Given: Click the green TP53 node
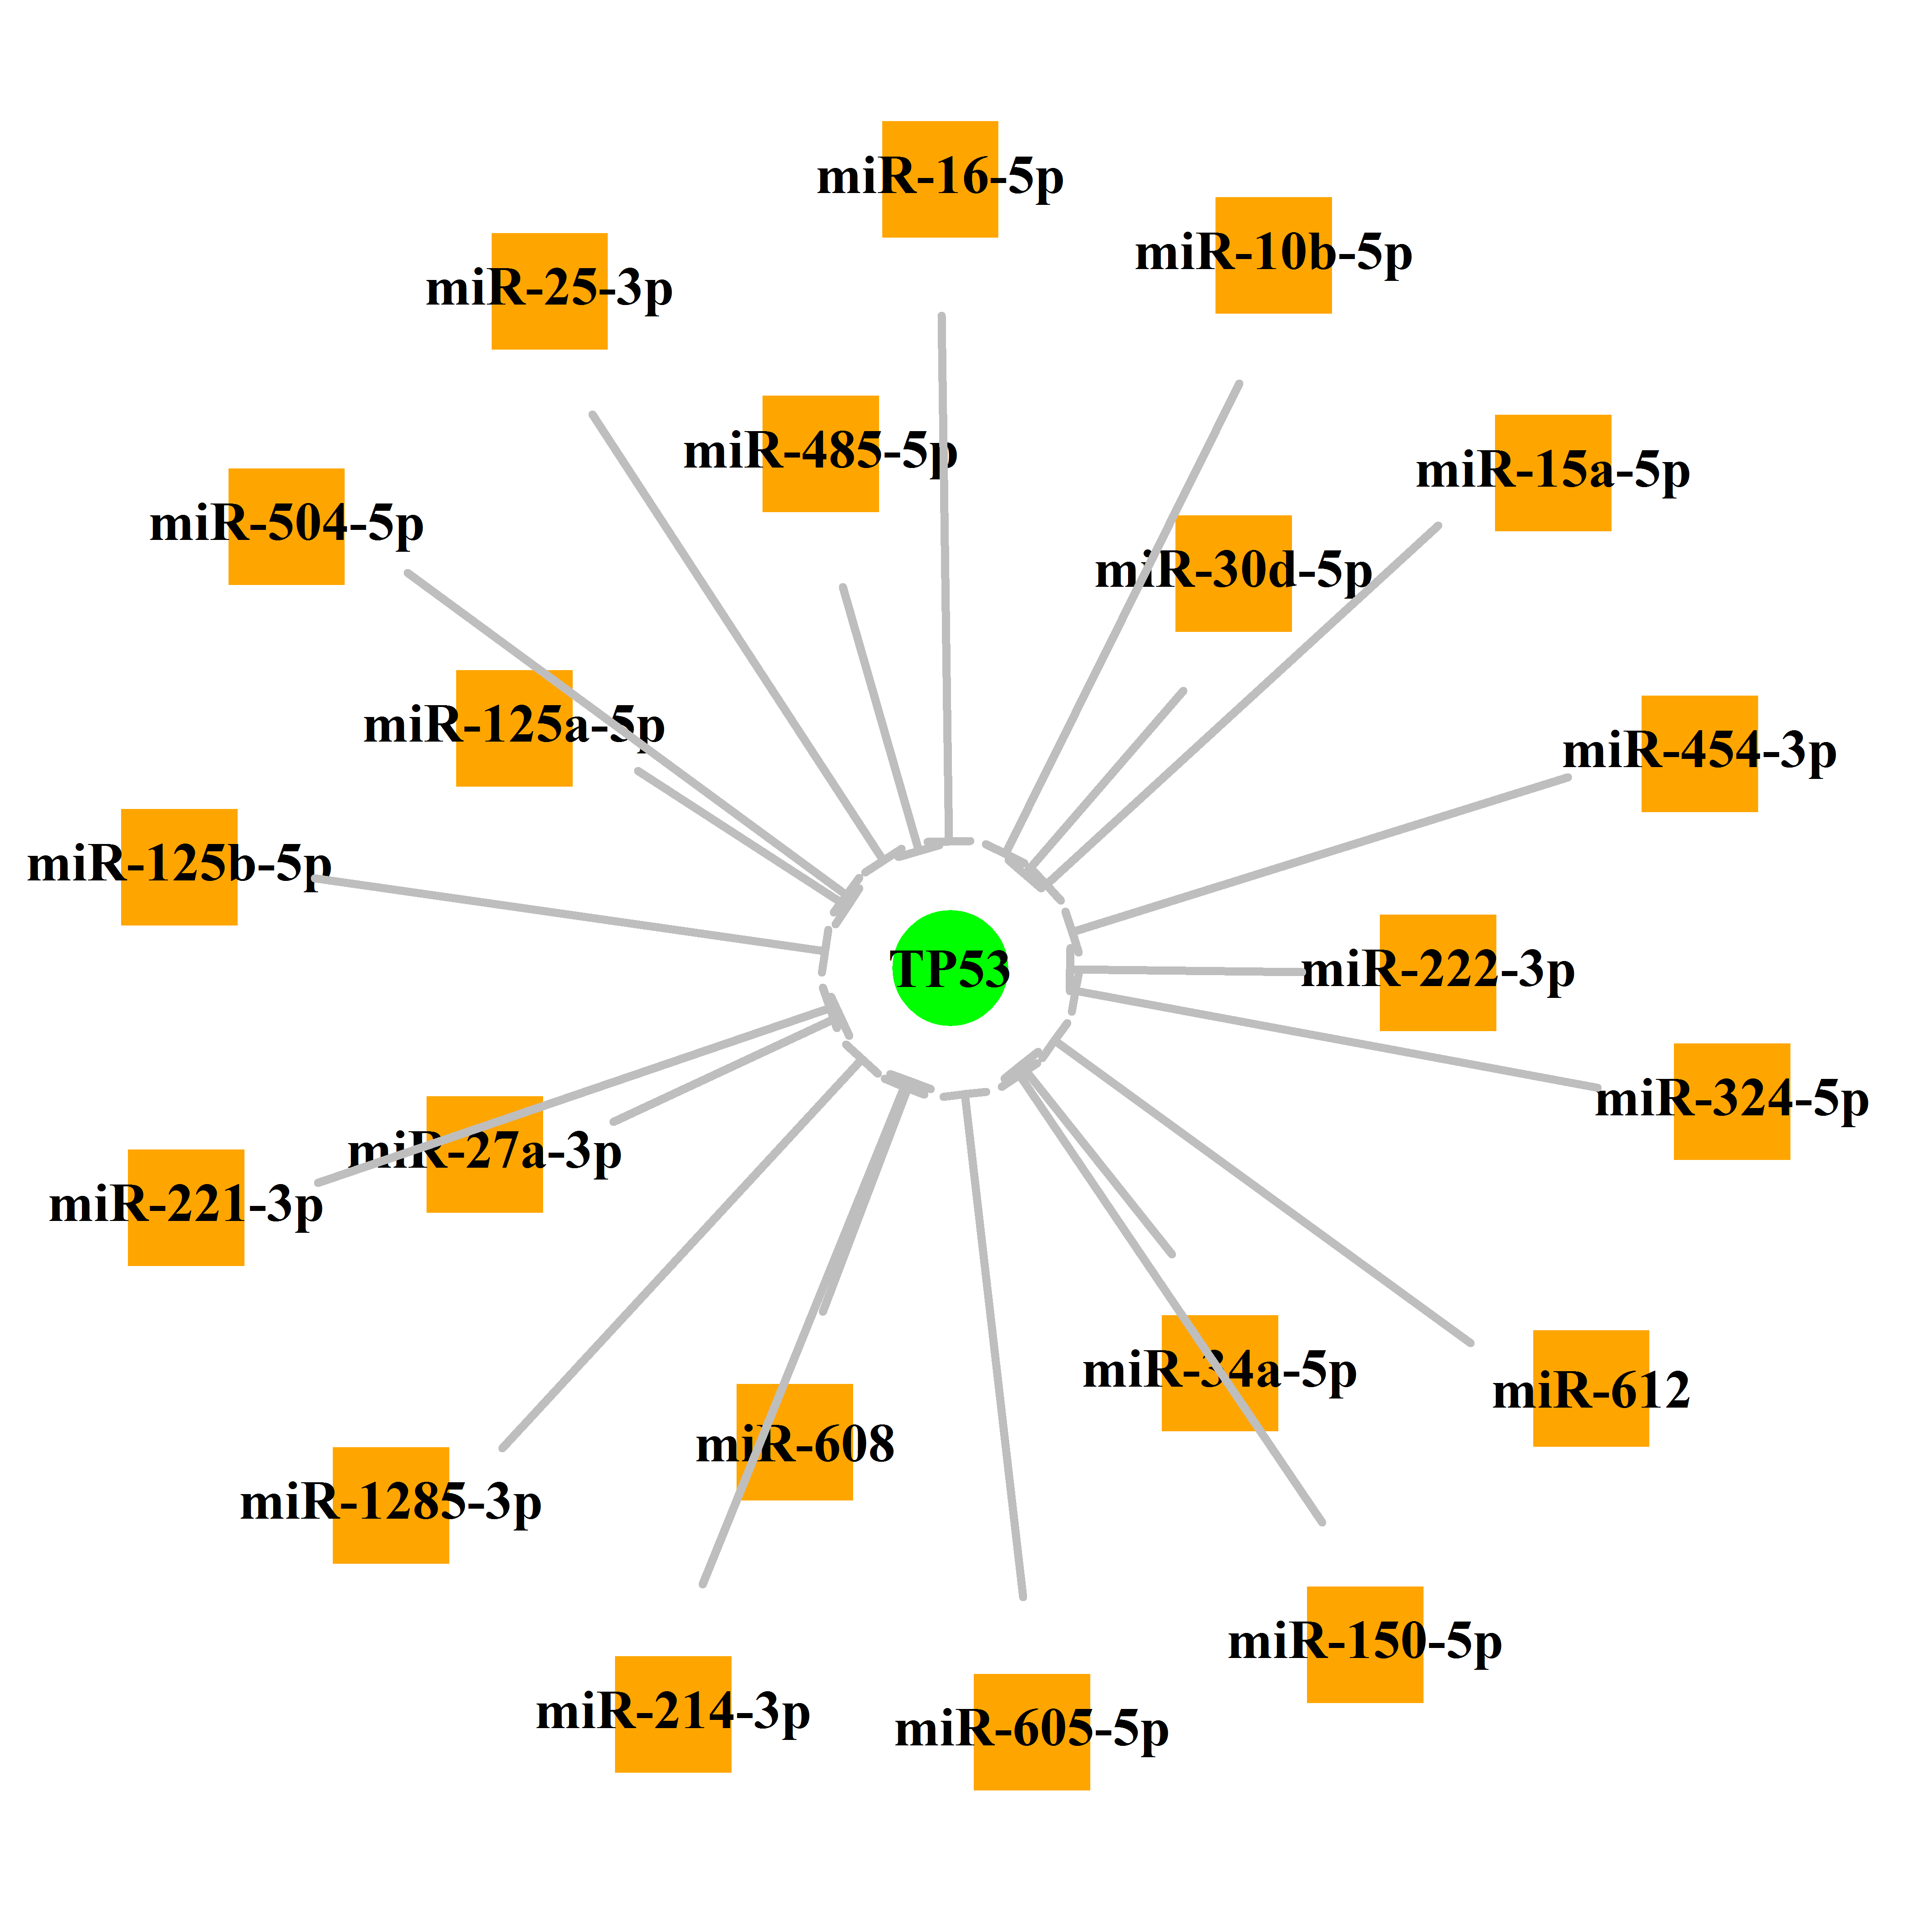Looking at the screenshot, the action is coord(950,968).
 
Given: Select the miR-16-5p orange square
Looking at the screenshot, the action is coord(940,179).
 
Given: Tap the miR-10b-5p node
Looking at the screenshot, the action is coord(1274,255).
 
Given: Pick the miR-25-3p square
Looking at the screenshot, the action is coord(549,291).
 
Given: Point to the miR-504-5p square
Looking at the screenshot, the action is coord(286,527).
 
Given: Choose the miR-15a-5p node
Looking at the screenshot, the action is coord(1553,473).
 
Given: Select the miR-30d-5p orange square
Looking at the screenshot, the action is coord(1233,573).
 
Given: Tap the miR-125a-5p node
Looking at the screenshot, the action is coord(514,728).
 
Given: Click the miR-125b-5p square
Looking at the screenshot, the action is coord(179,867).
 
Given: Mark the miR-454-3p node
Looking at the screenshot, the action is coord(1699,754).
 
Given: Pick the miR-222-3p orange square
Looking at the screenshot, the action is coord(1438,973).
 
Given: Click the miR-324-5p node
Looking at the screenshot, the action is coord(1732,1102).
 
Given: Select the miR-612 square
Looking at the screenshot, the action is coord(1592,1388).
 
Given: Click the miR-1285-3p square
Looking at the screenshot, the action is coord(391,1505).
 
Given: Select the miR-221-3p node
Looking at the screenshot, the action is coord(186,1207).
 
